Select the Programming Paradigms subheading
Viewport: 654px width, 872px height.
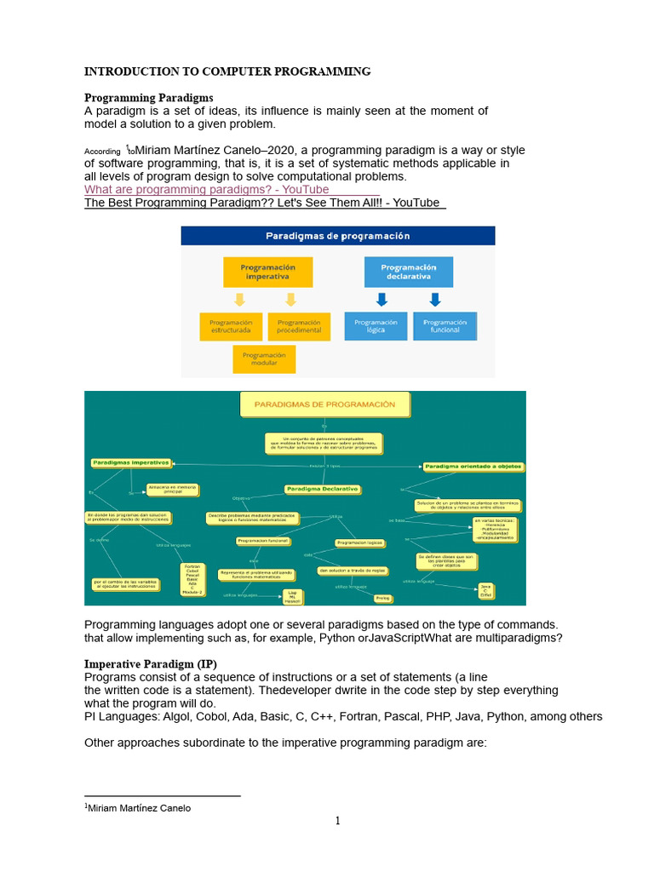point(148,98)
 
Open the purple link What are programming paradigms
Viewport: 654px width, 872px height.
point(206,189)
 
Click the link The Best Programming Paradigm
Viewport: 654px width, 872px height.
point(262,203)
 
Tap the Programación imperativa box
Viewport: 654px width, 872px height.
point(267,272)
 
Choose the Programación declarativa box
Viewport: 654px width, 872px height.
point(408,272)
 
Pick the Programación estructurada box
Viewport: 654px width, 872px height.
point(232,327)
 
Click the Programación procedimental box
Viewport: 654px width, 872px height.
point(299,327)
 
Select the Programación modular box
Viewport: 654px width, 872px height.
point(264,359)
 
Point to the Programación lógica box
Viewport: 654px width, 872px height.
point(376,327)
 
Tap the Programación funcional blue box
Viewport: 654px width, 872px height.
point(445,327)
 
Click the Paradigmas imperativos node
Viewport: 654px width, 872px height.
point(130,463)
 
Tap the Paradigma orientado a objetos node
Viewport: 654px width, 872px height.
point(473,467)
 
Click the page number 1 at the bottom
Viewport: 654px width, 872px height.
point(337,821)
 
